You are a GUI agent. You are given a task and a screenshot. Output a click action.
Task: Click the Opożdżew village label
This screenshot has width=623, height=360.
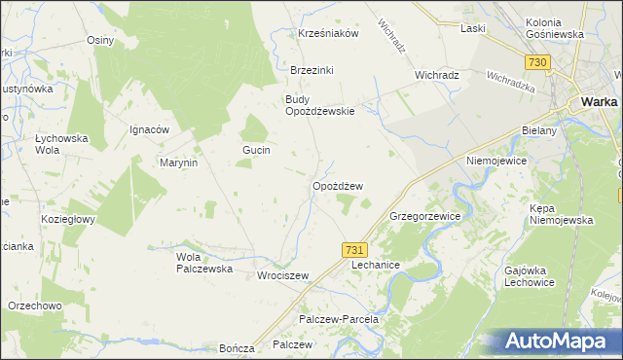coord(338,186)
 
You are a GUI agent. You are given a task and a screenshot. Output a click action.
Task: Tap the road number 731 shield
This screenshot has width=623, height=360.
coord(354,250)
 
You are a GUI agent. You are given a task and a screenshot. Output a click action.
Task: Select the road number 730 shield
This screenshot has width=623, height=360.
coord(537,62)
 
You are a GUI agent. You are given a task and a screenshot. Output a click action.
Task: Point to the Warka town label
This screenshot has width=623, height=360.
coord(601,100)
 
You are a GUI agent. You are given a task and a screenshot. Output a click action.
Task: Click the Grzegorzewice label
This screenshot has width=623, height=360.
coord(424,215)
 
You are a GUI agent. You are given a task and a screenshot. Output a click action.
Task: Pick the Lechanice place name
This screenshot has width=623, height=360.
coord(376,265)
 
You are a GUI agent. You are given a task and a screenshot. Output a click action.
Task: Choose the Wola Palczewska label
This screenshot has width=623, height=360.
coord(203,263)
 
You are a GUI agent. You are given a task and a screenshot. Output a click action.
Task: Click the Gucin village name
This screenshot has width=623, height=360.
coord(256,150)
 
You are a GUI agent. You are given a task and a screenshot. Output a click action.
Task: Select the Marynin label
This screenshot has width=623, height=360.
coord(179,162)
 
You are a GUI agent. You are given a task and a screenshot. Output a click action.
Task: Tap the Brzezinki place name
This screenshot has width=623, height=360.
coord(311,70)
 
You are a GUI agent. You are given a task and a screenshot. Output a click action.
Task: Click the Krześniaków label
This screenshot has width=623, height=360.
coord(329,32)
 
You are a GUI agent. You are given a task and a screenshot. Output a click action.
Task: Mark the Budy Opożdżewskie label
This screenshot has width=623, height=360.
coord(319,104)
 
